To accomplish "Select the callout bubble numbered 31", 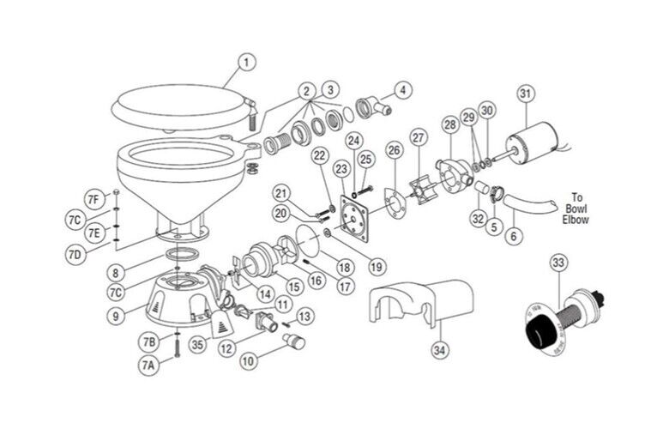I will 525,94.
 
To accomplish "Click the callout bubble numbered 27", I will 419,137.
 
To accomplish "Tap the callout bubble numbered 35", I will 196,346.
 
